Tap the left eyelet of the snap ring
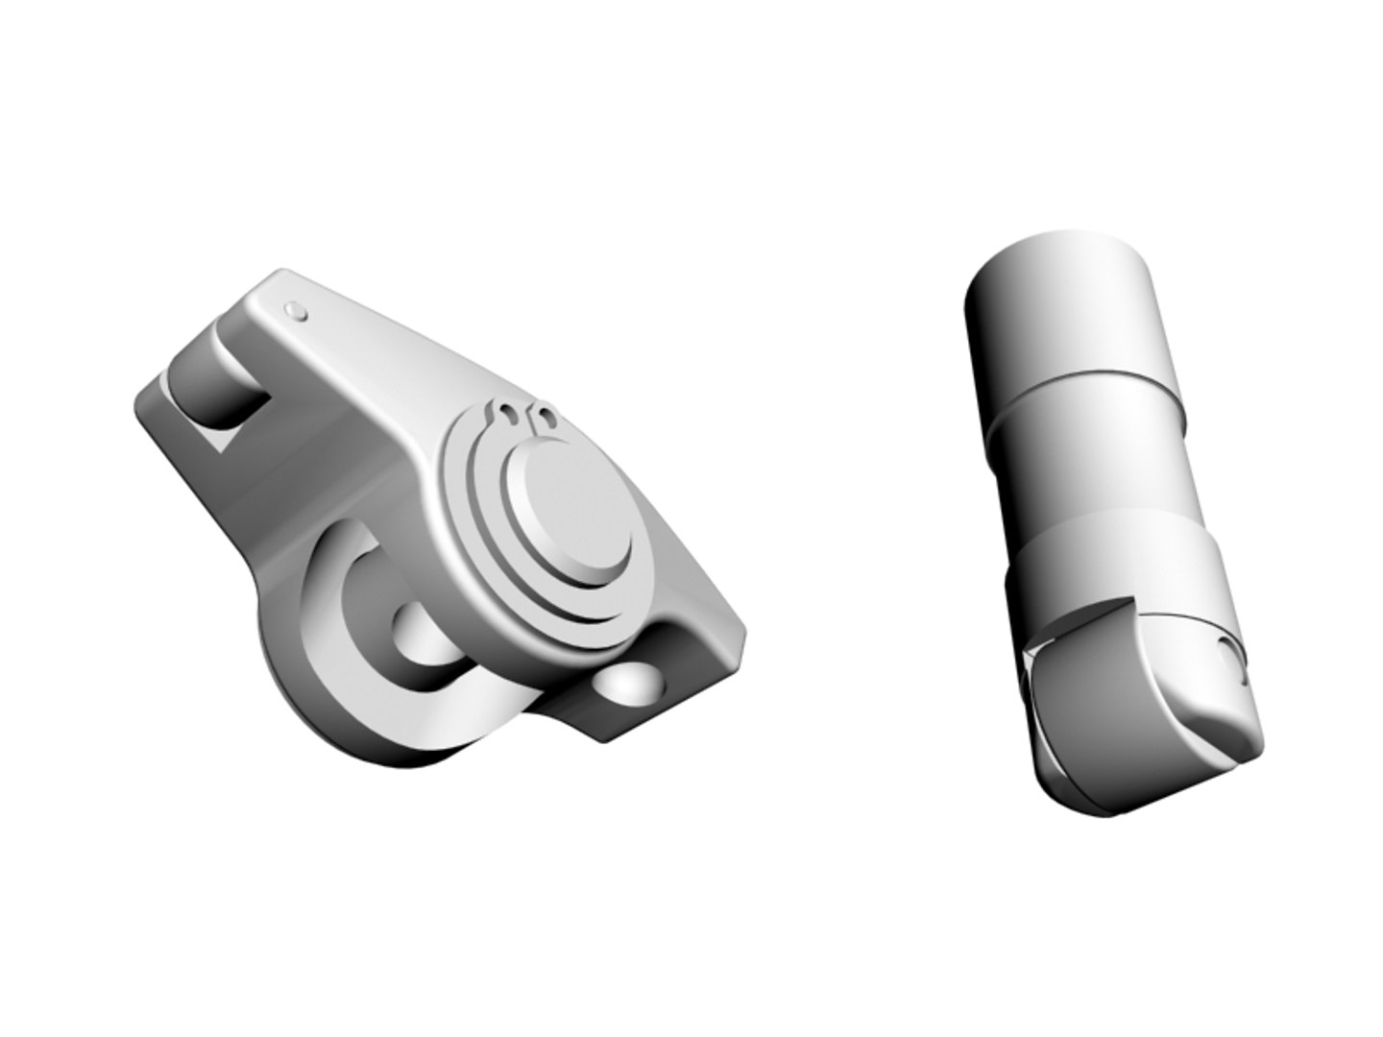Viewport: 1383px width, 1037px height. [x=506, y=415]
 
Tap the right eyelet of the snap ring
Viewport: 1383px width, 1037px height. [x=544, y=417]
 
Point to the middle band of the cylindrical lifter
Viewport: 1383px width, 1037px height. [x=1085, y=451]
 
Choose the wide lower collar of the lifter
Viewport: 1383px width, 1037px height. [x=1119, y=567]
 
